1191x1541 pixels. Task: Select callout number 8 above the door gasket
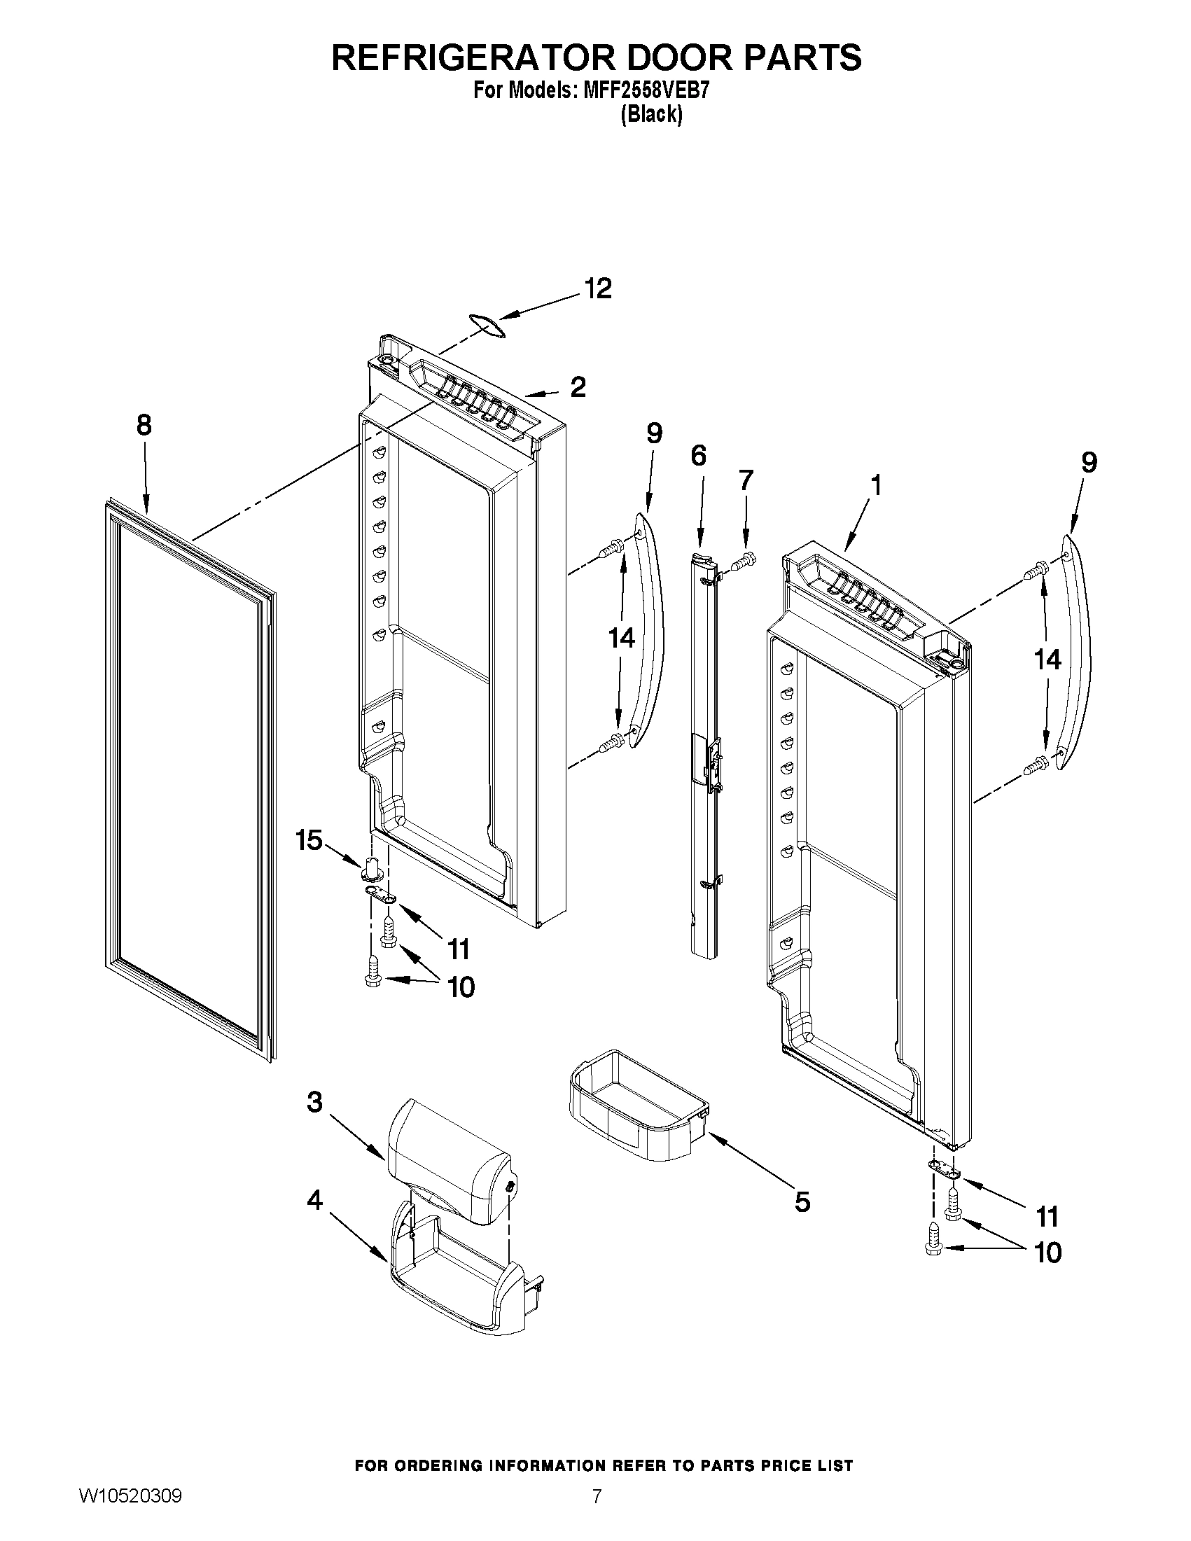click(x=144, y=426)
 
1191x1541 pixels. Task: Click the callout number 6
click(x=697, y=456)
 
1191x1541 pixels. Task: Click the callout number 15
click(x=309, y=840)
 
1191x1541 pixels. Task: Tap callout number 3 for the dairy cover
click(x=314, y=1102)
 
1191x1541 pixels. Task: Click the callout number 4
click(x=314, y=1199)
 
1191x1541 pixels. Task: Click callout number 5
click(x=802, y=1202)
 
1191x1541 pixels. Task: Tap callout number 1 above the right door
click(x=875, y=485)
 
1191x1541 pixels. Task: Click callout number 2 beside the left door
click(x=577, y=387)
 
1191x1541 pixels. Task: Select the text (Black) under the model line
click(x=650, y=114)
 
